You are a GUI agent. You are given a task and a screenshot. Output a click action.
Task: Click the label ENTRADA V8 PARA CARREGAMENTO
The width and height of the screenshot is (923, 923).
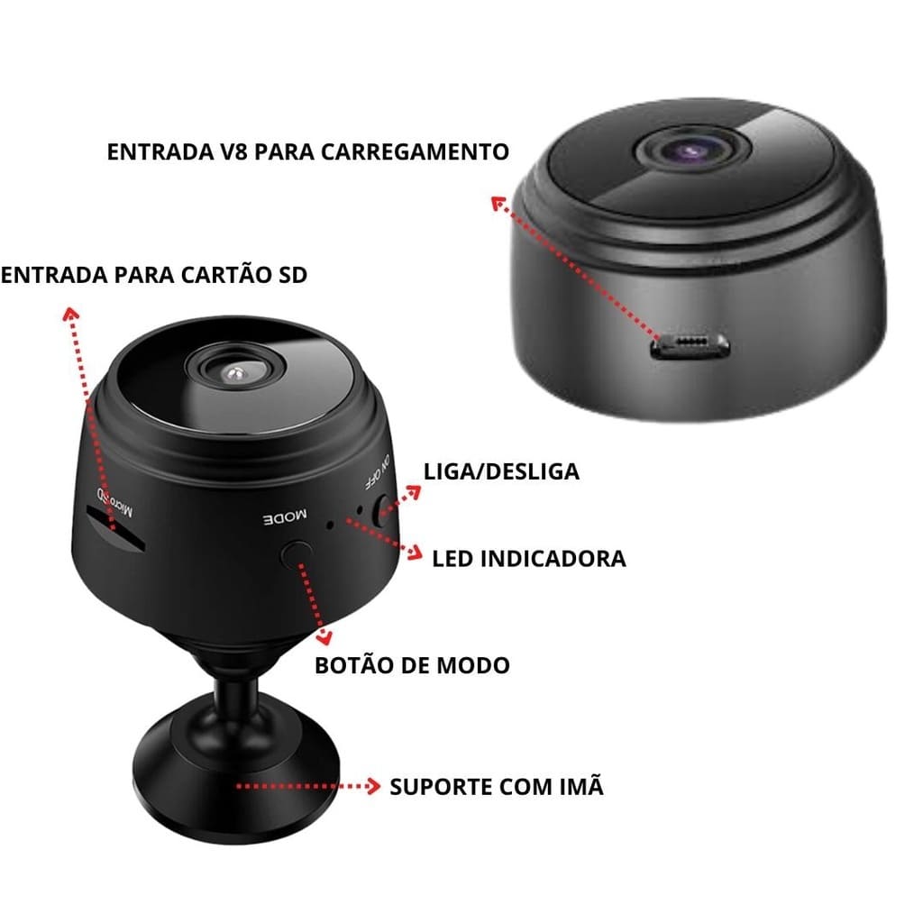point(307,151)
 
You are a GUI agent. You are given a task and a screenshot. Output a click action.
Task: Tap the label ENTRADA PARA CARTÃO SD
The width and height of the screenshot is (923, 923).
point(154,275)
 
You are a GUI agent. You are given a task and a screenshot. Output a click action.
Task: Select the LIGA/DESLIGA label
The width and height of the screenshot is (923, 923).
point(501,471)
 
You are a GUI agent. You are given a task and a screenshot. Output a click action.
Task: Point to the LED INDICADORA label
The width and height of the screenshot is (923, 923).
point(528,558)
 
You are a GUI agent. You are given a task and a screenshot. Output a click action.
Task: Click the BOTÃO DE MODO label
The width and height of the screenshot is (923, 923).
point(412,665)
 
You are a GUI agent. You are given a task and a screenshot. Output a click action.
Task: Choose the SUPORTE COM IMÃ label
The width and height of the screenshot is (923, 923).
point(496,786)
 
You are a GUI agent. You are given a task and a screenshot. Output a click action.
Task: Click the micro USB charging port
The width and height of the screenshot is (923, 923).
point(692,345)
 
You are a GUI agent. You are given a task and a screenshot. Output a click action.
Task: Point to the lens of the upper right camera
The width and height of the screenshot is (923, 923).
point(692,149)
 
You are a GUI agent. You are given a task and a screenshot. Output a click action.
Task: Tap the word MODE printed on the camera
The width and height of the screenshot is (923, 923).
point(285,517)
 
